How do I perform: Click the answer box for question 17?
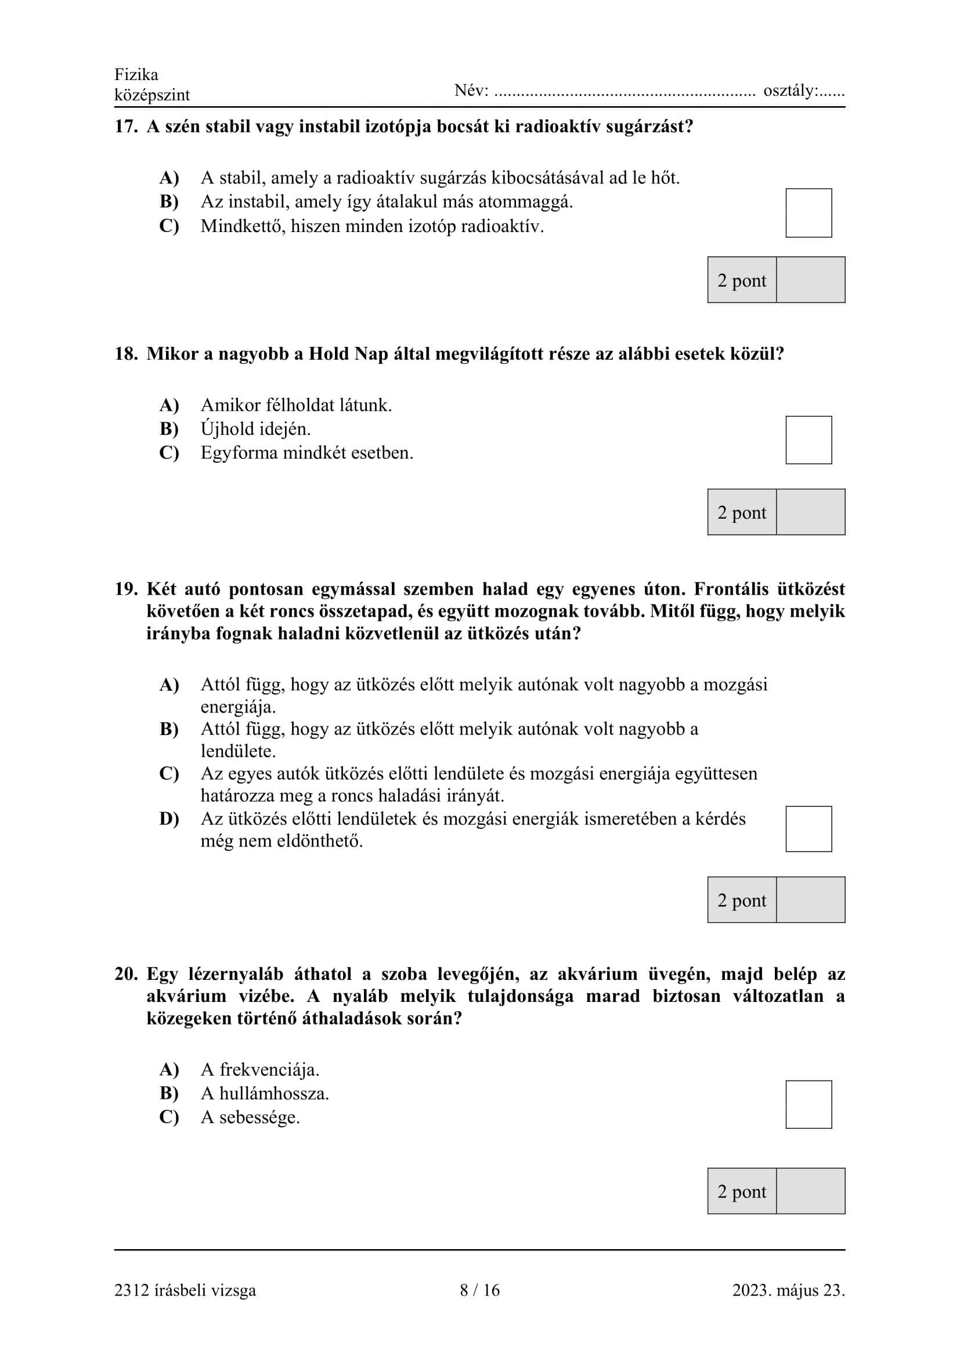[x=808, y=213]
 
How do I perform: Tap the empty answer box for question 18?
[x=808, y=440]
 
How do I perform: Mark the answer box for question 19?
[x=808, y=828]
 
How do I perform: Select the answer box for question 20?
[x=808, y=1104]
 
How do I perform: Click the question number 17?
[x=125, y=126]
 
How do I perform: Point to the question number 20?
[x=125, y=974]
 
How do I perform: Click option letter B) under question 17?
[x=169, y=201]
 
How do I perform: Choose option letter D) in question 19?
[x=169, y=819]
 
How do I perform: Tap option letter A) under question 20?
[x=169, y=1069]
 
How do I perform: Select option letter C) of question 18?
[x=169, y=453]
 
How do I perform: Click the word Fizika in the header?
[x=136, y=74]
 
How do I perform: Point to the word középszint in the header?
[x=152, y=95]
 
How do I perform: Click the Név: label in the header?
[x=471, y=91]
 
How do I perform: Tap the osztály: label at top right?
[x=791, y=91]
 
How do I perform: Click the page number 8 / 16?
[x=479, y=1290]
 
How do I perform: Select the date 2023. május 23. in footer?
[x=788, y=1290]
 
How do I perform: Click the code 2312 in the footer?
[x=132, y=1290]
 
